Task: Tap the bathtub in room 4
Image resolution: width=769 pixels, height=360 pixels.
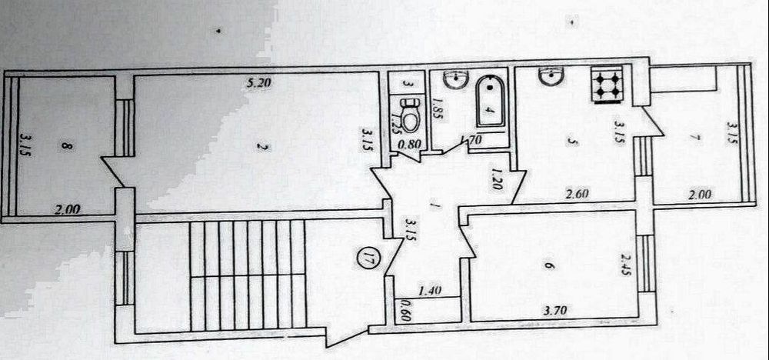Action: pyautogui.click(x=488, y=103)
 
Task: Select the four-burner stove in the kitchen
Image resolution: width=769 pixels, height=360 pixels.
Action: pyautogui.click(x=607, y=84)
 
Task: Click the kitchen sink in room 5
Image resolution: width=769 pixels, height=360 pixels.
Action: pyautogui.click(x=550, y=77)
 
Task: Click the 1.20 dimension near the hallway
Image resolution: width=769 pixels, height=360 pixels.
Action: pyautogui.click(x=497, y=179)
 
